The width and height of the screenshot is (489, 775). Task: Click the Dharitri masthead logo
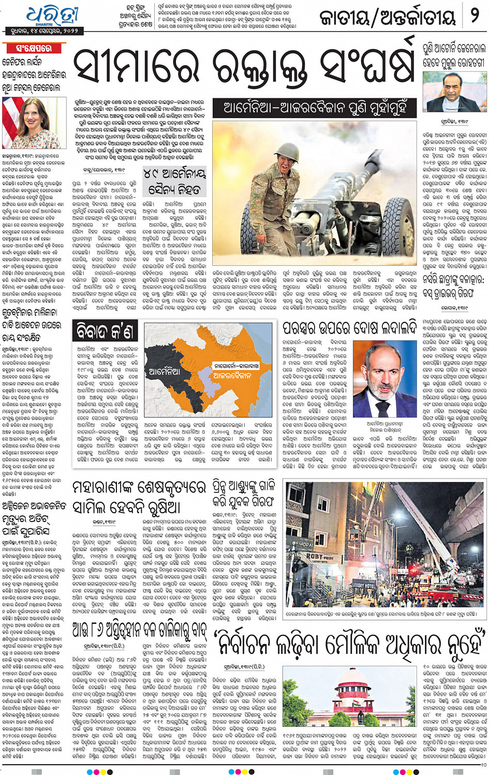click(52, 16)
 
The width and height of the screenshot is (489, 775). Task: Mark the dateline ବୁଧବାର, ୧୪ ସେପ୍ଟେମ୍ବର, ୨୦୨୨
click(41, 31)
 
